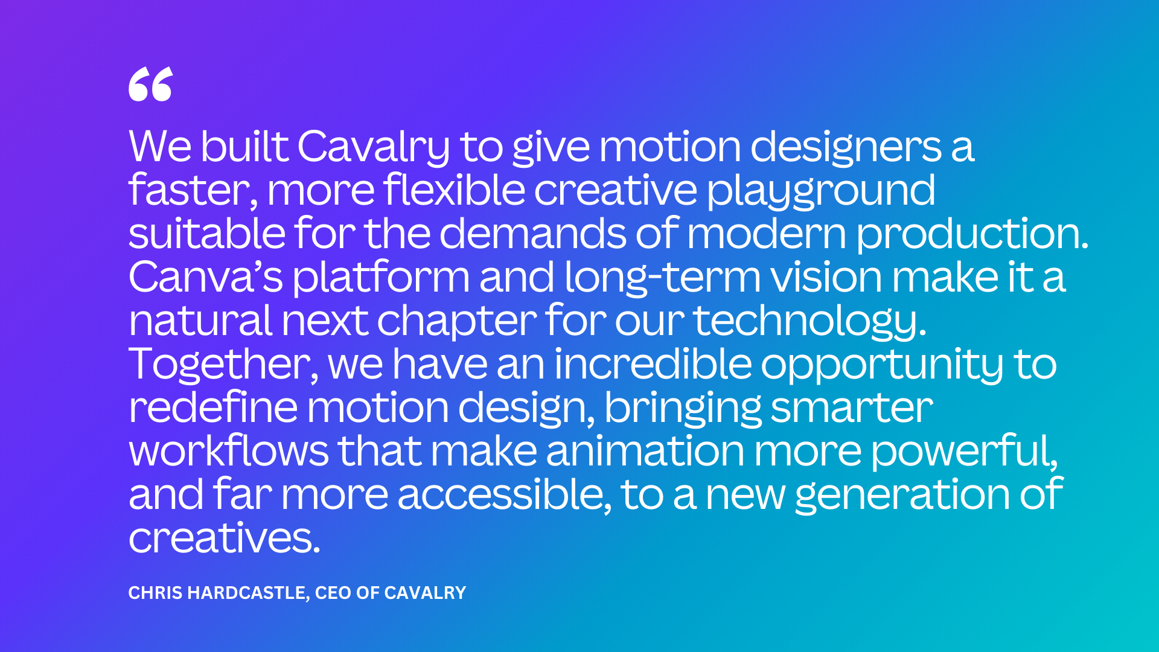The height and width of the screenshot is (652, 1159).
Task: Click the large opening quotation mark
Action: [x=150, y=85]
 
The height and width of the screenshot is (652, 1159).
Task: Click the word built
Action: [x=244, y=147]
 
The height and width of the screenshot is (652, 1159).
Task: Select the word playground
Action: [x=821, y=191]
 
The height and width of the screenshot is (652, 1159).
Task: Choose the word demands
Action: [x=532, y=234]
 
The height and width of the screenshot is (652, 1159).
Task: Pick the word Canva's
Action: [x=205, y=277]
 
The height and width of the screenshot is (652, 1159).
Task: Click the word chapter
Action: [x=457, y=321]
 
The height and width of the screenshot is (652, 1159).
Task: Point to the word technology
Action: [x=809, y=321]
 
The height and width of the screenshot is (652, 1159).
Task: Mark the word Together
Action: [x=223, y=365]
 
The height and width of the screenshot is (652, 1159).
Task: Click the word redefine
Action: [x=213, y=407]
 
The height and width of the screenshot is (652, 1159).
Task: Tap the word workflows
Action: [x=229, y=451]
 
